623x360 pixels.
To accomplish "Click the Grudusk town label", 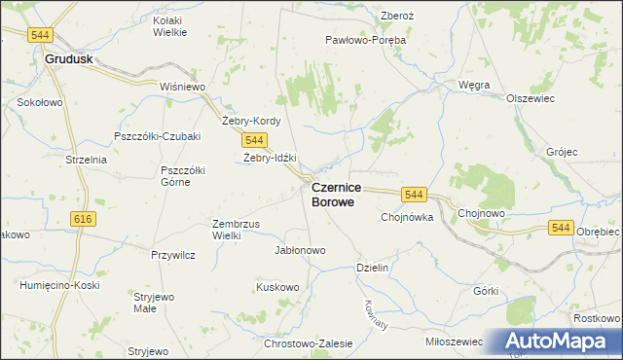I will tap(69, 59).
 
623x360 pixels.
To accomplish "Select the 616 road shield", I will tap(83, 220).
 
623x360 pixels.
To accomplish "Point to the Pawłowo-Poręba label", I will tap(365, 41).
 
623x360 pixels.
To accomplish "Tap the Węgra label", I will tap(474, 85).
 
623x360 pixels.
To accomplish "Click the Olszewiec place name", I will tap(530, 98).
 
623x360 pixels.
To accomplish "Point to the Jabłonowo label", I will tap(301, 250).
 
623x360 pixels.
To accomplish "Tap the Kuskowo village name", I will tap(277, 287).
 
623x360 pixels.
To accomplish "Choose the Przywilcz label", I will tap(173, 255).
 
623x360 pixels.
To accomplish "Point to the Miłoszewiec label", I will tap(455, 342).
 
